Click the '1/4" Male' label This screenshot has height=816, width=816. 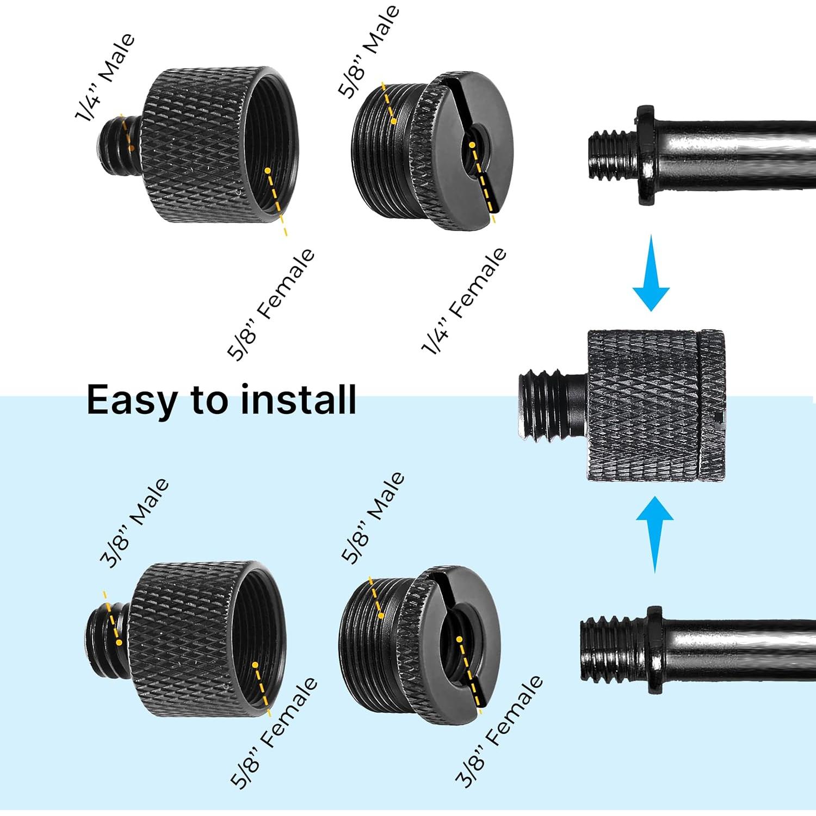point(105,78)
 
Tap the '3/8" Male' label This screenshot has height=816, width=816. point(135,523)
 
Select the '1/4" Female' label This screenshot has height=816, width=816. point(464,301)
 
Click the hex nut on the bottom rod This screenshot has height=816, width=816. point(654,650)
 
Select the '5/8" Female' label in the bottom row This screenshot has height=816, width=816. point(274,732)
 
